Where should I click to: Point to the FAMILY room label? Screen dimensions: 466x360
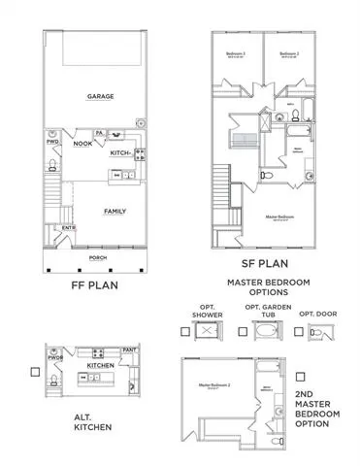point(115,211)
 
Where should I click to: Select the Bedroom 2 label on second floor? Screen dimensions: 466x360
point(287,53)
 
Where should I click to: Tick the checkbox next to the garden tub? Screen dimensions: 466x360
point(242,332)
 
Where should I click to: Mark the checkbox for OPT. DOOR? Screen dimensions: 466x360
point(298,332)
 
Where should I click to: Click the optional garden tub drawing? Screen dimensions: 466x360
point(265,332)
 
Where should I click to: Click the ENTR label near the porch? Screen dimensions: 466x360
point(70,229)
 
